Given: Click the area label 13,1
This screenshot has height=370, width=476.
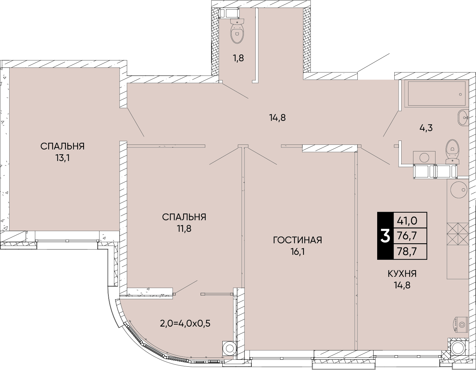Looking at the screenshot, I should coord(62,158).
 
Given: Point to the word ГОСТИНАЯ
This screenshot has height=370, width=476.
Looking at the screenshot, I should coord(297,240).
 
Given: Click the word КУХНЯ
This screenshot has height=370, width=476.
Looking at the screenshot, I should coord(402,274).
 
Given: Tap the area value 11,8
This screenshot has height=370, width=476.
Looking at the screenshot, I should coord(184,228).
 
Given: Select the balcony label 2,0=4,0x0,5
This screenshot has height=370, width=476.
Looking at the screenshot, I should coord(185,323).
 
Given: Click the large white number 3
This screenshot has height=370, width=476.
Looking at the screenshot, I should coord(385,236).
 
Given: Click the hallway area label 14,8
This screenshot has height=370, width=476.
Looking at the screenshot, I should coord(277,118).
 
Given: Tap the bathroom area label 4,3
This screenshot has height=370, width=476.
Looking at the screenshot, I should coord(426,128).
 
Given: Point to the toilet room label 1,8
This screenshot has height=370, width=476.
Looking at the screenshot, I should coord(238,58).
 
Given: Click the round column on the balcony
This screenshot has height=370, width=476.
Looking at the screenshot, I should coord(229,348).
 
